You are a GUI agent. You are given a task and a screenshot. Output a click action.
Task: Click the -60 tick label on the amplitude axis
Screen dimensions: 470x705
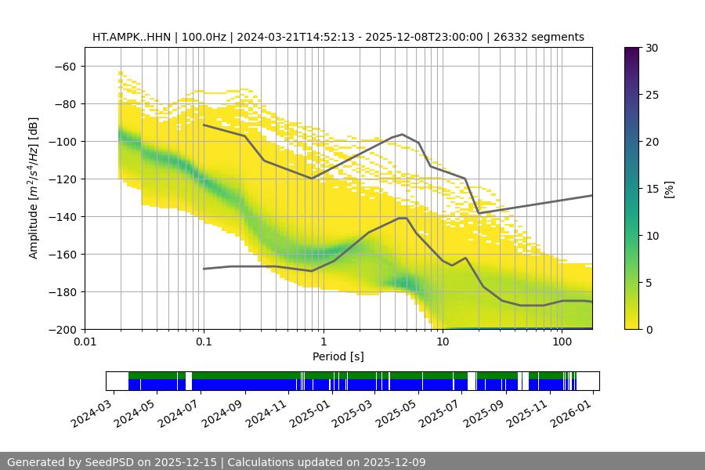tap(64, 66)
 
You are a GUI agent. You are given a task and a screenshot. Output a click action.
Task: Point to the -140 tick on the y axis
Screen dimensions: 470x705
tap(64, 216)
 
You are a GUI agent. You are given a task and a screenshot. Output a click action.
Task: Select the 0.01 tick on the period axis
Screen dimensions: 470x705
tap(85, 342)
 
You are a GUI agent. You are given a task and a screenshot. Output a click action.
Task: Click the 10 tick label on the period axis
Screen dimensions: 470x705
tap(443, 342)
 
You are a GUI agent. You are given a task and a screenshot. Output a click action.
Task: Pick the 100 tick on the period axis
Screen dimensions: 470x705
tap(562, 342)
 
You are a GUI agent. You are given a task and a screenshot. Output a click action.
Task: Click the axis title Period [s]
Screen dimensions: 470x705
tap(338, 356)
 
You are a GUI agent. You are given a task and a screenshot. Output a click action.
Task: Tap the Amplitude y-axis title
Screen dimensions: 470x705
tap(34, 188)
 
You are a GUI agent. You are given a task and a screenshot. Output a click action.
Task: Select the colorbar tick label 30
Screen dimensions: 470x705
tap(652, 48)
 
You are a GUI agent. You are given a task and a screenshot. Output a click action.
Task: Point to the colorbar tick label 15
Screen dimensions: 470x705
tap(652, 189)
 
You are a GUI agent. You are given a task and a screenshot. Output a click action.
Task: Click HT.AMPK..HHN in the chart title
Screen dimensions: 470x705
tap(129, 37)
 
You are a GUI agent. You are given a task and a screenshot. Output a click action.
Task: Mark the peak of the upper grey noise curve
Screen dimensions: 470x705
tap(403, 134)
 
